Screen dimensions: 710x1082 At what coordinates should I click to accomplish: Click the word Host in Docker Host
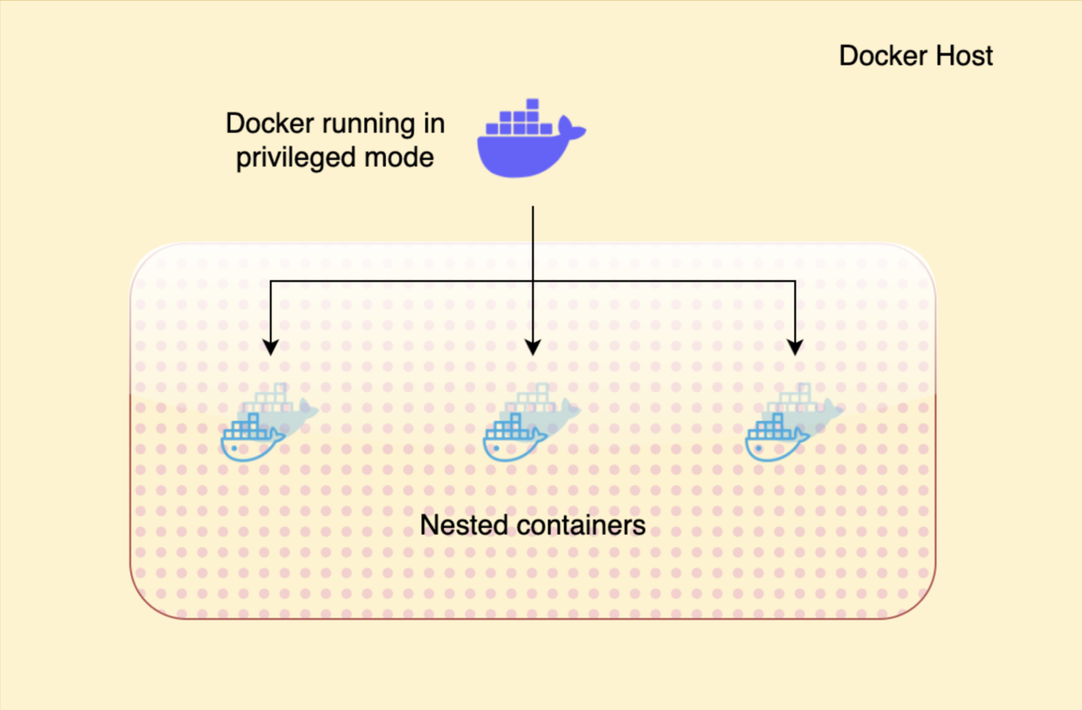964,56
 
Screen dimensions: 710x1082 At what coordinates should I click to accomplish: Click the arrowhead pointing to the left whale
270,347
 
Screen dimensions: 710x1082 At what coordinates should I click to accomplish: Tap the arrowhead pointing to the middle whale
532,347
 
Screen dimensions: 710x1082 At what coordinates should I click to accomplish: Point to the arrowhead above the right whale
795,347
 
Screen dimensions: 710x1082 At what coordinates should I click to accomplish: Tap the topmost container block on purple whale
532,104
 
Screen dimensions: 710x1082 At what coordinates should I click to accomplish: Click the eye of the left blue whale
234,448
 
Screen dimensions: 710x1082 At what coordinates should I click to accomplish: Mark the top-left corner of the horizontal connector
270,281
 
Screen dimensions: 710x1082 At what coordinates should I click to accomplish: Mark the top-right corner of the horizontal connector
795,281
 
